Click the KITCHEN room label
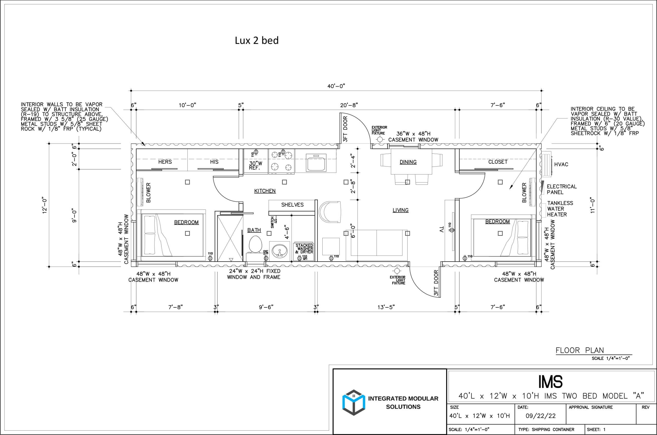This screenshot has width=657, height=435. click(x=265, y=191)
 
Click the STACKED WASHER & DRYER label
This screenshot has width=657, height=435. click(x=304, y=249)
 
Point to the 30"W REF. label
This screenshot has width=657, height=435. click(x=256, y=166)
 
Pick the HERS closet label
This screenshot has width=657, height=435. click(x=165, y=162)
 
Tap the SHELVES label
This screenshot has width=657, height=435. click(x=292, y=205)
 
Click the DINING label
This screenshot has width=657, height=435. click(x=408, y=162)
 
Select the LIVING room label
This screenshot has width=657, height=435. click(x=400, y=210)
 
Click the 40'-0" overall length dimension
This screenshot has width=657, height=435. click(x=336, y=86)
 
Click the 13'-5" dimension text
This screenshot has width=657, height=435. click(x=386, y=307)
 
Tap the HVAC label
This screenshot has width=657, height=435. click(x=561, y=165)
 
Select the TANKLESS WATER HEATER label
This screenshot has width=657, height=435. click(x=560, y=209)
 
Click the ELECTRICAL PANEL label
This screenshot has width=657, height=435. click(x=562, y=189)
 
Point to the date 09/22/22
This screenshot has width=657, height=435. click(x=540, y=416)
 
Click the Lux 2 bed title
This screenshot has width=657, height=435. click(x=257, y=41)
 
